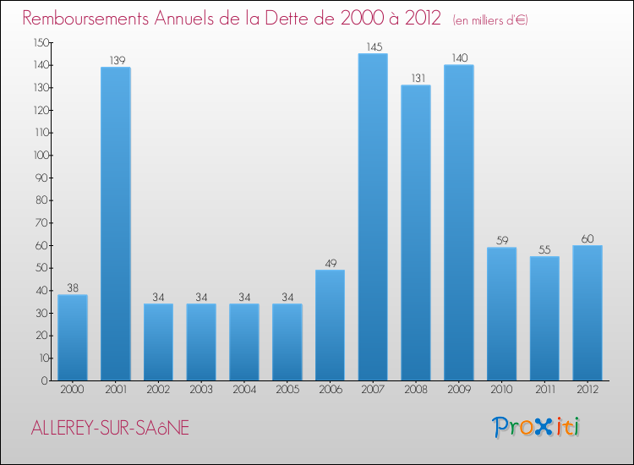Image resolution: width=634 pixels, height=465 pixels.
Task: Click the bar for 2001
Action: point(115,224)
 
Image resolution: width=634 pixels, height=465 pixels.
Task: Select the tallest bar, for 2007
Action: point(373,217)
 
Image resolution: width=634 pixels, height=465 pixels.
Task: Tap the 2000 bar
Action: point(72,337)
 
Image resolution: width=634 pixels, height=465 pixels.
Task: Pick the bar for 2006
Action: point(330,325)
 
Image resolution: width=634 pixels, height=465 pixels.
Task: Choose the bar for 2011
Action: point(544,319)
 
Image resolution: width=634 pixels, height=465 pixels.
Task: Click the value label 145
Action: point(373,47)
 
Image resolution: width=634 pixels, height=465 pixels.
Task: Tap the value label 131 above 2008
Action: point(416,79)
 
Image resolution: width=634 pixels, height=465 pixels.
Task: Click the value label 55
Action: point(544,250)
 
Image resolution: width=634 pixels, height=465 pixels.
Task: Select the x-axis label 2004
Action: point(243,391)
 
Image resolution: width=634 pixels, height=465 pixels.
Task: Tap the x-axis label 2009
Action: point(458,391)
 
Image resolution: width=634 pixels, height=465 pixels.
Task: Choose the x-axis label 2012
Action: point(588,391)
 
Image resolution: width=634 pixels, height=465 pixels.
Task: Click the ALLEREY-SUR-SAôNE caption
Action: point(110,429)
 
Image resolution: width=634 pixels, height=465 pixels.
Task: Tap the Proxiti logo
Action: point(537,427)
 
